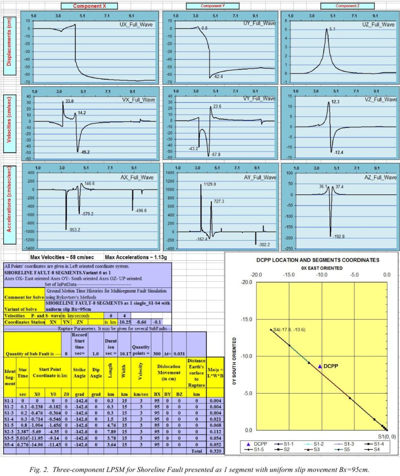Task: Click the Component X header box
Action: click(x=95, y=6)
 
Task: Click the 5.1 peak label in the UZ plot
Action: click(x=332, y=29)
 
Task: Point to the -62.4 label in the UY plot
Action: click(x=219, y=77)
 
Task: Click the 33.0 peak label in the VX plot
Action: click(x=69, y=101)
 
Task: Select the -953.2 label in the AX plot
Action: click(x=75, y=230)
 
